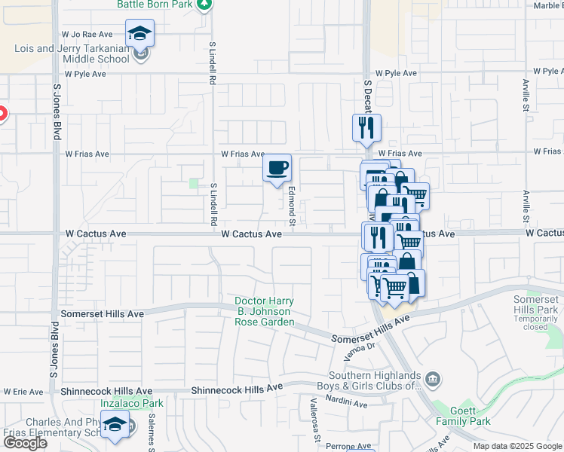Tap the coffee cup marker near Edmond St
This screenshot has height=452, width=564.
click(277, 168)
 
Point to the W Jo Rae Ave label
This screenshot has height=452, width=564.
click(87, 35)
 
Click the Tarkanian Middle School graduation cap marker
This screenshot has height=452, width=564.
click(140, 35)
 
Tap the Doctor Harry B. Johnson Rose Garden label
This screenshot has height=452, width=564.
click(264, 312)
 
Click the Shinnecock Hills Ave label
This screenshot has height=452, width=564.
click(236, 389)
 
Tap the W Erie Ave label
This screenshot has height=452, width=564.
click(23, 392)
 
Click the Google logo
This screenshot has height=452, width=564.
click(25, 443)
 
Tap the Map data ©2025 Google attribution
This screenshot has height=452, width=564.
click(517, 446)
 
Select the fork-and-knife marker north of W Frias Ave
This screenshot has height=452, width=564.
click(366, 128)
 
